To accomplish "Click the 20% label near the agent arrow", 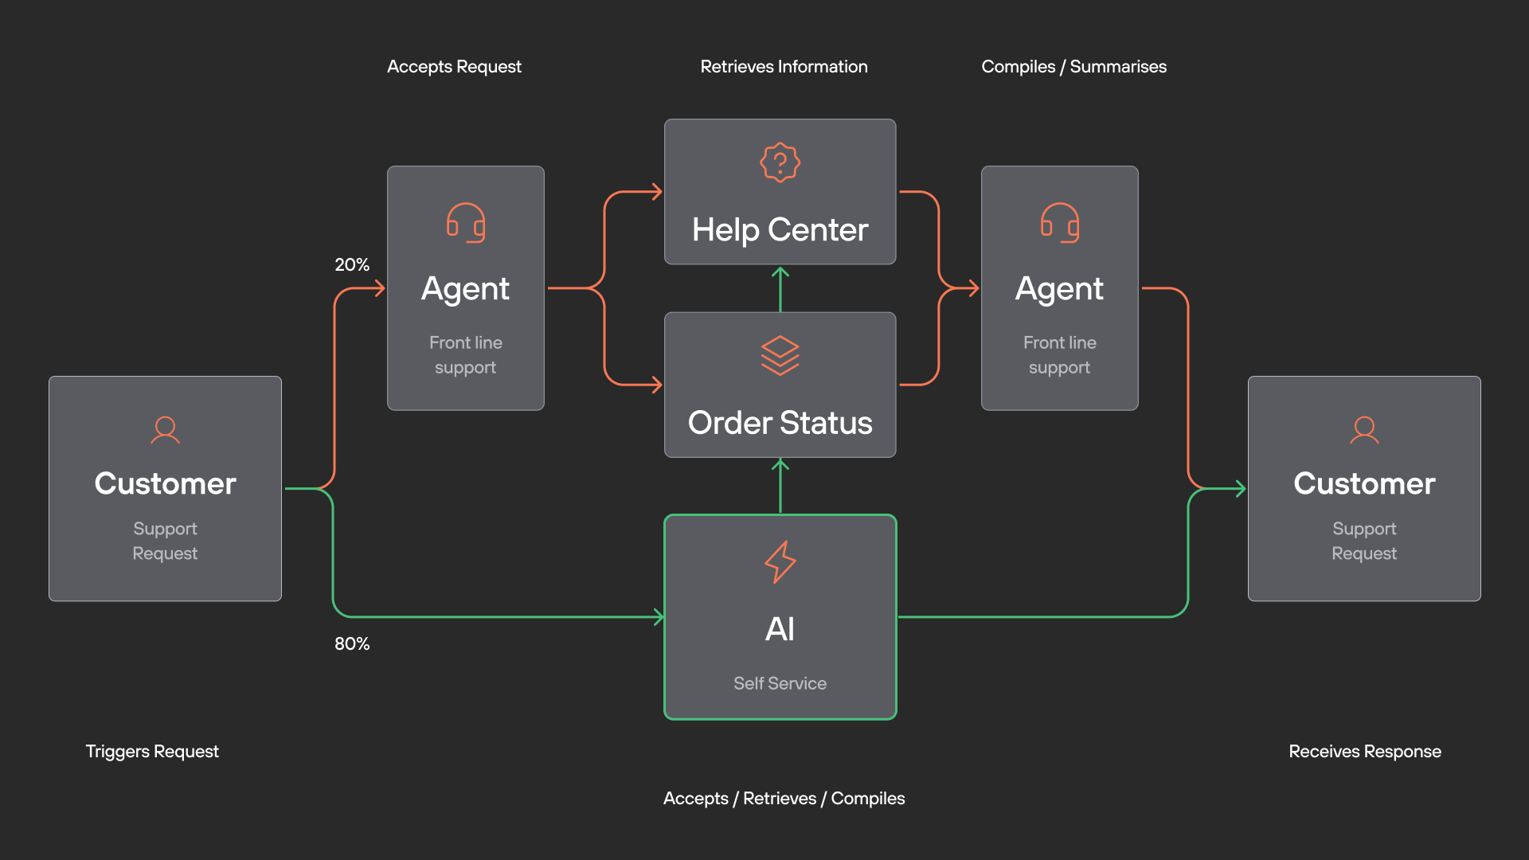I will click(352, 264).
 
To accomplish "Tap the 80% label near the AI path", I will click(352, 643).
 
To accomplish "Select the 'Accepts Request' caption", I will click(454, 67).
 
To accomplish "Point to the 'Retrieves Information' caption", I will click(784, 67).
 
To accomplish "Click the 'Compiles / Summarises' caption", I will click(1073, 67).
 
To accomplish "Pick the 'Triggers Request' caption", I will click(152, 752).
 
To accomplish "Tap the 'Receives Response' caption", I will click(1365, 752).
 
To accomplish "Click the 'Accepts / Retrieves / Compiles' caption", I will click(784, 799).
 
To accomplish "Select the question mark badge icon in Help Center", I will click(780, 162).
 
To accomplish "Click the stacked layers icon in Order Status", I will click(780, 355).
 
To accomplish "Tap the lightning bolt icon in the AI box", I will click(780, 562).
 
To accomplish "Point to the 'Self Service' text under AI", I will click(780, 683).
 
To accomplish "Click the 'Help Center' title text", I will click(780, 230).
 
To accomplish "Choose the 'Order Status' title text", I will click(780, 423).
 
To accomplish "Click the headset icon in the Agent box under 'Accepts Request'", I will click(466, 223).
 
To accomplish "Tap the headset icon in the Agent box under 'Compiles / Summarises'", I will click(1060, 223).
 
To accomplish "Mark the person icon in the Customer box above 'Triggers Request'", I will click(165, 430).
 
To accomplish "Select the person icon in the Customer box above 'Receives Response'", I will click(1364, 430).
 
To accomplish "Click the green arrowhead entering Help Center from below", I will click(780, 272).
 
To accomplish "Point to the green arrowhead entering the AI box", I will click(659, 616).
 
